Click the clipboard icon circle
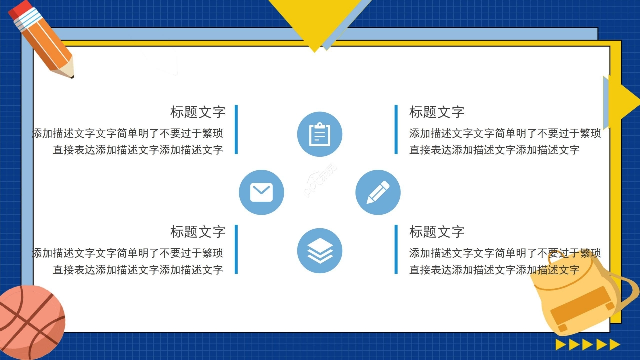click(x=320, y=134)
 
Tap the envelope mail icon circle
click(x=261, y=192)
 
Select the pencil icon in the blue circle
click(x=378, y=192)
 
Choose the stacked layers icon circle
click(x=320, y=251)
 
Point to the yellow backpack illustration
click(x=580, y=295)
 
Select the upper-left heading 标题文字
click(x=198, y=112)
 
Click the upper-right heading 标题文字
click(x=437, y=112)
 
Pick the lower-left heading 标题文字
click(x=198, y=232)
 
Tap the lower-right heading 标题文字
click(x=437, y=232)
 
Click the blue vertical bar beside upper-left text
click(x=236, y=129)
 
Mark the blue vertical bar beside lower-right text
click(x=396, y=249)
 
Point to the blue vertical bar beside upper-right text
click(x=396, y=129)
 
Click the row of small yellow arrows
click(x=588, y=344)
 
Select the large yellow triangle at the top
click(x=315, y=20)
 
